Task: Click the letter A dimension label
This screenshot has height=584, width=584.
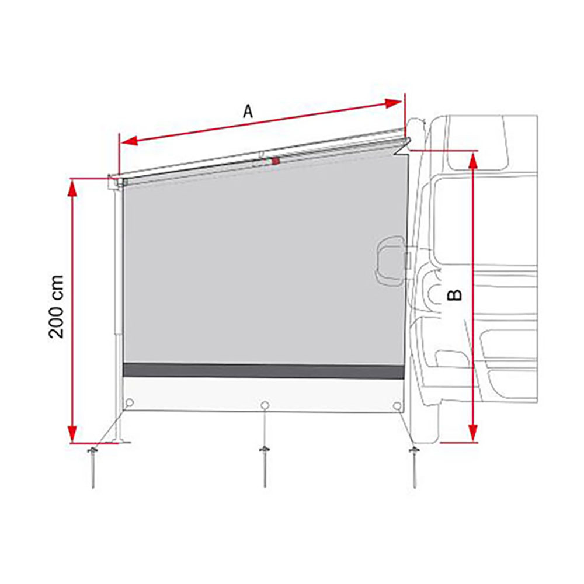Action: [248, 112]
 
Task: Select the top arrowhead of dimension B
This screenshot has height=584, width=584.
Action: [474, 162]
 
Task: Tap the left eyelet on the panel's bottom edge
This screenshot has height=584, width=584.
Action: [129, 402]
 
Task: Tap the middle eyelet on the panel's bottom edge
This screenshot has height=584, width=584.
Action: [265, 405]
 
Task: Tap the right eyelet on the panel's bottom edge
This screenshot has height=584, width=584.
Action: [398, 405]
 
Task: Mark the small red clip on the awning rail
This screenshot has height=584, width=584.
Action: [275, 161]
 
